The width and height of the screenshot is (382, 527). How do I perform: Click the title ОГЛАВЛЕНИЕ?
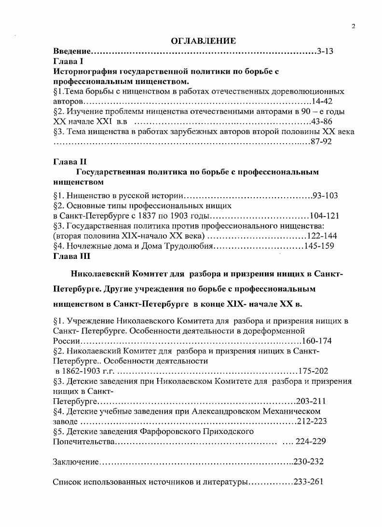(x=203, y=41)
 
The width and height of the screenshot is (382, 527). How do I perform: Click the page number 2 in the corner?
(x=353, y=27)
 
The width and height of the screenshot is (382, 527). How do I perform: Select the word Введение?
(x=72, y=51)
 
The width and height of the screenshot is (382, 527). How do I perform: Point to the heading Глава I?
(x=68, y=61)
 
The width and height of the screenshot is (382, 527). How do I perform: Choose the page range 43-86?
(x=322, y=122)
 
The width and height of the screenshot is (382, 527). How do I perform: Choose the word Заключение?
(x=75, y=462)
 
